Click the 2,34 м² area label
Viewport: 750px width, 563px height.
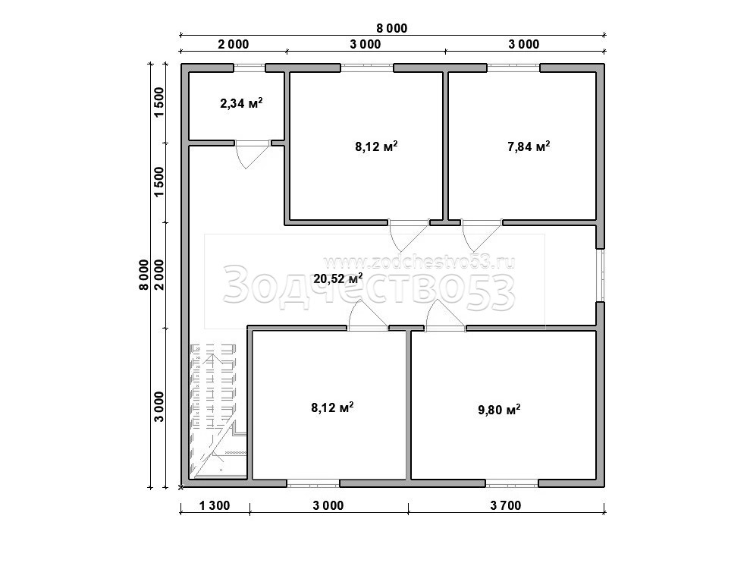pyautogui.click(x=241, y=103)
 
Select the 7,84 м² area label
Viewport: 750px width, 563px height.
pyautogui.click(x=529, y=146)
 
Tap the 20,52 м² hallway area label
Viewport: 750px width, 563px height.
pyautogui.click(x=337, y=278)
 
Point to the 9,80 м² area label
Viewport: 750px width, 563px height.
pyautogui.click(x=499, y=410)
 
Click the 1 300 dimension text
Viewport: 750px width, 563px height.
pyautogui.click(x=215, y=505)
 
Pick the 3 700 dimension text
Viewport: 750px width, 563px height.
pyautogui.click(x=506, y=505)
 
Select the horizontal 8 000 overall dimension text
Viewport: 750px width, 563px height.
pyautogui.click(x=391, y=28)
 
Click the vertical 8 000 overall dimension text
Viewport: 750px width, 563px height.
pyautogui.click(x=144, y=275)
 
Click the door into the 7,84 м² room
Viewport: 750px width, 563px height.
pyautogui.click(x=482, y=234)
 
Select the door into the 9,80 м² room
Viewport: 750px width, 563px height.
pyautogui.click(x=445, y=316)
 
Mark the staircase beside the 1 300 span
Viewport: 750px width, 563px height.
pyautogui.click(x=218, y=410)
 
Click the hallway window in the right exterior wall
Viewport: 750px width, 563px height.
pyautogui.click(x=601, y=275)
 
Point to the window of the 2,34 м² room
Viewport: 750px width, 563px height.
pyautogui.click(x=249, y=68)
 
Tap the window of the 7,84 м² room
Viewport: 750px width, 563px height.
pyautogui.click(x=513, y=68)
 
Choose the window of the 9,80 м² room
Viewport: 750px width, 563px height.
pyautogui.click(x=512, y=483)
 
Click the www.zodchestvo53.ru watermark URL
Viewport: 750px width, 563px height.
pyautogui.click(x=419, y=262)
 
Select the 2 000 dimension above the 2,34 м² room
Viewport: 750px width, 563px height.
pyautogui.click(x=234, y=45)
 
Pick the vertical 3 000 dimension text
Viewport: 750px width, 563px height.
pyautogui.click(x=158, y=407)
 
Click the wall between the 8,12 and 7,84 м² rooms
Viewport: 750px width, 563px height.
pyautogui.click(x=445, y=146)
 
